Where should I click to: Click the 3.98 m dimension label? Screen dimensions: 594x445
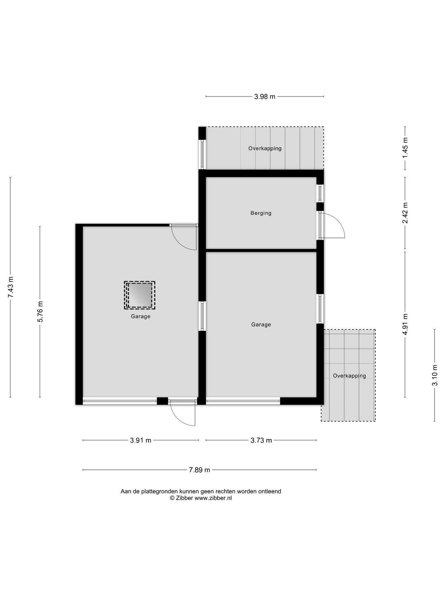pos(265,97)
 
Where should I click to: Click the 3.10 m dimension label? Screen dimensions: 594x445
pos(434,375)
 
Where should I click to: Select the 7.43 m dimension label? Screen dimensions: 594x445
pos(10,287)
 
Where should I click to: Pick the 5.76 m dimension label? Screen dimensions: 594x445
pos(40,312)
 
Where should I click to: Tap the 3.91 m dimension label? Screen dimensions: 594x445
pos(141,440)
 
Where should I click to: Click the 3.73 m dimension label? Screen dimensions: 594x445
pos(261,440)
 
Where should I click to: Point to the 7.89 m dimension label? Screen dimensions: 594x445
pos(199,470)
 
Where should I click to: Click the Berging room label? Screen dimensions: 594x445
pos(261,213)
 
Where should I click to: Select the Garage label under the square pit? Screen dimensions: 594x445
pos(141,316)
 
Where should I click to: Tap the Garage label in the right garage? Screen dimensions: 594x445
pos(261,325)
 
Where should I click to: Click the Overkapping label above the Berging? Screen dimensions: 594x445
pos(265,148)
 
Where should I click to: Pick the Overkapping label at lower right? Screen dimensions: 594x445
pos(349,376)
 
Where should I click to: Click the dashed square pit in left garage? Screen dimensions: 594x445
pos(140,295)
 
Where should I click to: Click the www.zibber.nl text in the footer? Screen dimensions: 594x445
pos(213,498)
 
